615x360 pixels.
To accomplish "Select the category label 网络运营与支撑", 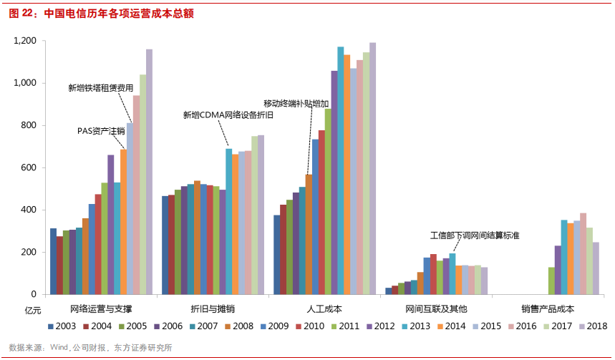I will (x=101, y=309).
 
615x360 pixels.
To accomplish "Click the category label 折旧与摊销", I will (x=213, y=309).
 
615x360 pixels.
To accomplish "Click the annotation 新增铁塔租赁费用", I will (x=100, y=88).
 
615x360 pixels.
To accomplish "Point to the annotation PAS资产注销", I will (x=101, y=131).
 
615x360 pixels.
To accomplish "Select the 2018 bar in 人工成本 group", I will (x=372, y=168).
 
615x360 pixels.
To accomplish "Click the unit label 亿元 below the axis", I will (x=34, y=310).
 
